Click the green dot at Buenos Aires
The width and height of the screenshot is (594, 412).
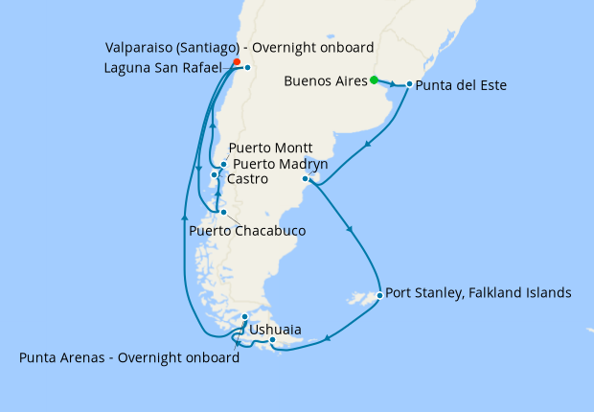click(x=375, y=80)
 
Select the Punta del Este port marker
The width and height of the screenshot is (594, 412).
click(x=409, y=84)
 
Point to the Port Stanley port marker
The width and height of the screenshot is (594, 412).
click(x=380, y=295)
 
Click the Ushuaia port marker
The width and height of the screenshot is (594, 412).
click(x=273, y=339)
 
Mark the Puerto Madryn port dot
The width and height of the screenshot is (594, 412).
click(x=306, y=179)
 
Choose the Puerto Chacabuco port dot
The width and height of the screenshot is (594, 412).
click(x=222, y=213)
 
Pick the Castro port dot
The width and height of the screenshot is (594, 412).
click(x=215, y=175)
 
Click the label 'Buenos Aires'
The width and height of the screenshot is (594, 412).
click(x=326, y=81)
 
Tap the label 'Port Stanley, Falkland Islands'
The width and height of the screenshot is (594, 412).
click(x=479, y=293)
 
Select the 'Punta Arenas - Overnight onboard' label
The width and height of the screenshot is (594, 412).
click(x=128, y=358)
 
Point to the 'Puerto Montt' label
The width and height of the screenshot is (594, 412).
click(x=272, y=149)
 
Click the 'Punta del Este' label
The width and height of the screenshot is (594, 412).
click(x=462, y=85)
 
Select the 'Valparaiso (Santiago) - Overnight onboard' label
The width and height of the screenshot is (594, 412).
click(x=240, y=47)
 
